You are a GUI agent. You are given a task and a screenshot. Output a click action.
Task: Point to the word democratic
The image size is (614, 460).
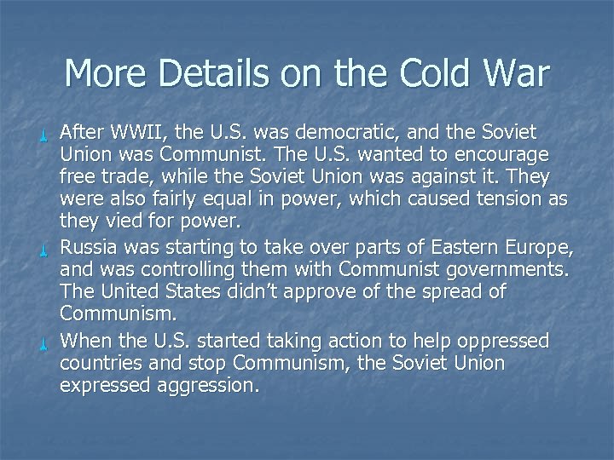pos(333,133)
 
